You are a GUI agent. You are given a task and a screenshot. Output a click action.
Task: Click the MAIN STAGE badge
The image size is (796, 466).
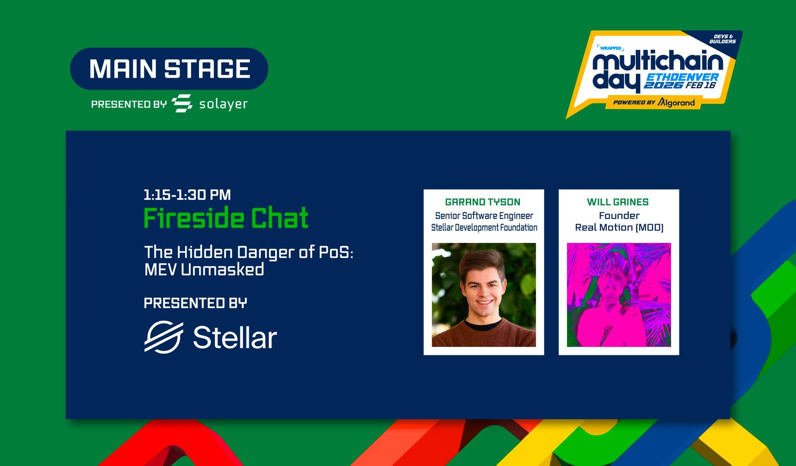pyautogui.click(x=169, y=69)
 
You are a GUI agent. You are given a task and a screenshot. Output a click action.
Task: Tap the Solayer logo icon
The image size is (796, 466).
pyautogui.click(x=182, y=104)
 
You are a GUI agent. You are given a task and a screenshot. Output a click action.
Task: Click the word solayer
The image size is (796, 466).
pyautogui.click(x=223, y=104)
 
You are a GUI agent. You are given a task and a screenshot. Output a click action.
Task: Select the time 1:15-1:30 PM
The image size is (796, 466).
pyautogui.click(x=187, y=195)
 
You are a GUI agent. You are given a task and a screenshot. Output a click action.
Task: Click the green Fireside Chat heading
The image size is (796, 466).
pyautogui.click(x=226, y=218)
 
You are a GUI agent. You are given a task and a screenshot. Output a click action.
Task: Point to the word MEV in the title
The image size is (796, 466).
pyautogui.click(x=160, y=270)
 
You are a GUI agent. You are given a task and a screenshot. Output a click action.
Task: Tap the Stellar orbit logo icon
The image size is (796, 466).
pyautogui.click(x=164, y=337)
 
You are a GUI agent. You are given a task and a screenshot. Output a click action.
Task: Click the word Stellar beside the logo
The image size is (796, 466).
pyautogui.click(x=235, y=337)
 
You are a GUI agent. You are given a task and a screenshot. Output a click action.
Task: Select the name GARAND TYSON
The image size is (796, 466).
pyautogui.click(x=483, y=202)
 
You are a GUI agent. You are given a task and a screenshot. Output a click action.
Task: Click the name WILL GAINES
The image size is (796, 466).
pyautogui.click(x=617, y=202)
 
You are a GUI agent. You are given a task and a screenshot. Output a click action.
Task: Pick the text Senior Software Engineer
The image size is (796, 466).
pyautogui.click(x=484, y=216)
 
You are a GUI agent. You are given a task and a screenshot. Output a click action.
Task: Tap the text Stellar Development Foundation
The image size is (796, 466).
pyautogui.click(x=484, y=228)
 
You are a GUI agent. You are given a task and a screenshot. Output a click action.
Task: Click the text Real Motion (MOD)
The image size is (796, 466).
pyautogui.click(x=619, y=228)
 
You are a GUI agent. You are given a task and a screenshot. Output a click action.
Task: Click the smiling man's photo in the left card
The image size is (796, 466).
pyautogui.click(x=484, y=295)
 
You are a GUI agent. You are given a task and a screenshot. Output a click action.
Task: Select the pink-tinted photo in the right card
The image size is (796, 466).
pyautogui.click(x=619, y=295)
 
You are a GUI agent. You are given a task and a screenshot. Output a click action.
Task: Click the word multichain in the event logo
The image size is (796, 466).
pyautogui.click(x=658, y=63)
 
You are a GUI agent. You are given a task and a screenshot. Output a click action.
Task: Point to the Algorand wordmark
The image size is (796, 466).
pyautogui.click(x=676, y=103)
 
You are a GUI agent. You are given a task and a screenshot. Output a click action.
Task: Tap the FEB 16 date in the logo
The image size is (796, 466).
pyautogui.click(x=700, y=85)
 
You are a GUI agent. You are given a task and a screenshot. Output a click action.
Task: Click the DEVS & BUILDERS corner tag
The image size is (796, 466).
pyautogui.click(x=722, y=39)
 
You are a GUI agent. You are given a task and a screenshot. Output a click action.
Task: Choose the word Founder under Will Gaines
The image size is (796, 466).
pyautogui.click(x=619, y=216)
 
